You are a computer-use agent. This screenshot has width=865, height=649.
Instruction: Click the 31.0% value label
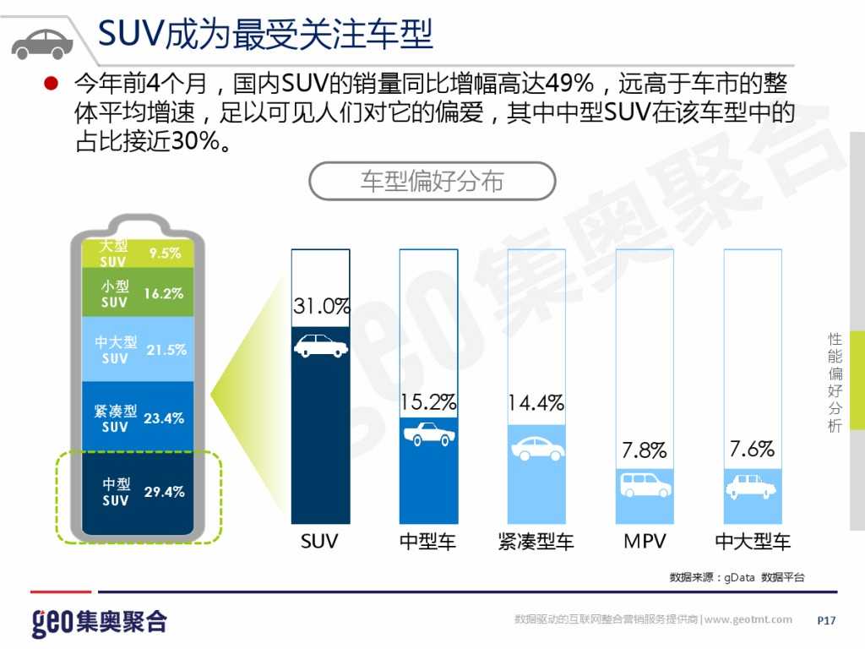coord(321,307)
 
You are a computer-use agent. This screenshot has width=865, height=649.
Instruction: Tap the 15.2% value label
coord(428,403)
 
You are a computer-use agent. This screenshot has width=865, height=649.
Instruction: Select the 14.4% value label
coord(536,403)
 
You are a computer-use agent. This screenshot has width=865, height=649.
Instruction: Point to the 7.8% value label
coord(645,450)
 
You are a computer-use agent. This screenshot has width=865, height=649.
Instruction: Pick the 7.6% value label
coord(752,449)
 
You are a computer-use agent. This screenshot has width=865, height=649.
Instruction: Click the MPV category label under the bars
coord(645,541)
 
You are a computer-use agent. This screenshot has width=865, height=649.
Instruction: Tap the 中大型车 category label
coord(753,541)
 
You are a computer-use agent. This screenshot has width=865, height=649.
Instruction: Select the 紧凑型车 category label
coord(536,541)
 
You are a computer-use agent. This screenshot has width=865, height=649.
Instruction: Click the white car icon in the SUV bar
coord(321,345)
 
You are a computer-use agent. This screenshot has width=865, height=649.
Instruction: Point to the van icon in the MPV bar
coord(645,485)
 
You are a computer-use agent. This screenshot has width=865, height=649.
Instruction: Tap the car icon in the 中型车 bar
coord(428,434)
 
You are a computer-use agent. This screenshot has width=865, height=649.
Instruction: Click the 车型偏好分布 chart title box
coord(432,181)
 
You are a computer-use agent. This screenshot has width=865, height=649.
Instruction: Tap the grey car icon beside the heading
coord(42,41)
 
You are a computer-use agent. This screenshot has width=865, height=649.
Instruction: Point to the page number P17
coord(826,621)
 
